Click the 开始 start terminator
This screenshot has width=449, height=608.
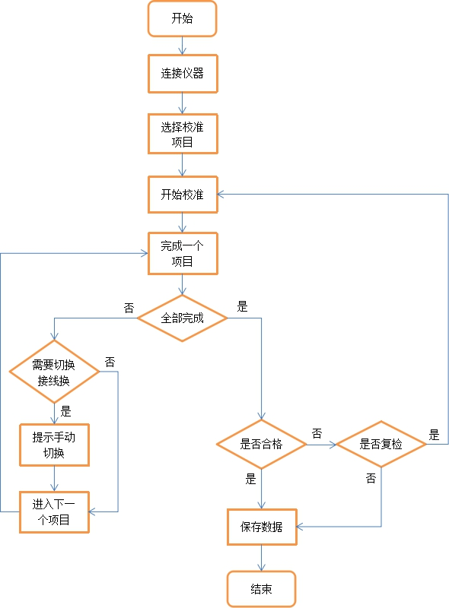tap(182, 18)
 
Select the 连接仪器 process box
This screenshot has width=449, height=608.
tap(182, 74)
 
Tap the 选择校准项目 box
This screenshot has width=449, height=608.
tap(182, 135)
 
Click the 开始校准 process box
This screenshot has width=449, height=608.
tap(182, 195)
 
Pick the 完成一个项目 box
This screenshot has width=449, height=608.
tap(182, 253)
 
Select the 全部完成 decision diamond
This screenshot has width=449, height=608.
tap(182, 318)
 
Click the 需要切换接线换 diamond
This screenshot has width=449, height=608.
tap(54, 372)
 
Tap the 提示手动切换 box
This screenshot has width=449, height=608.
tap(54, 445)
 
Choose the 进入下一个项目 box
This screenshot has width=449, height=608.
tap(54, 511)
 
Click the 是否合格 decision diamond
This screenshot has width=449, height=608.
tap(261, 444)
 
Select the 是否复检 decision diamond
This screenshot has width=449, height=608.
tap(381, 444)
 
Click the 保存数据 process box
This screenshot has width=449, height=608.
tap(261, 527)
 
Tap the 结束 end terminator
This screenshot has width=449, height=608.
tap(261, 589)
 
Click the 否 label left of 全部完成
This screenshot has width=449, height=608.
tap(129, 308)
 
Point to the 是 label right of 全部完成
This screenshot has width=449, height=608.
tap(242, 307)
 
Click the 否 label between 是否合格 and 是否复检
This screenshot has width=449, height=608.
tap(317, 433)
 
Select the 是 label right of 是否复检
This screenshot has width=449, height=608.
tap(434, 435)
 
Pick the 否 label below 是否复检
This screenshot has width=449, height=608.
tap(371, 478)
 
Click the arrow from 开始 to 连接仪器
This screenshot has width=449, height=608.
tap(182, 46)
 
